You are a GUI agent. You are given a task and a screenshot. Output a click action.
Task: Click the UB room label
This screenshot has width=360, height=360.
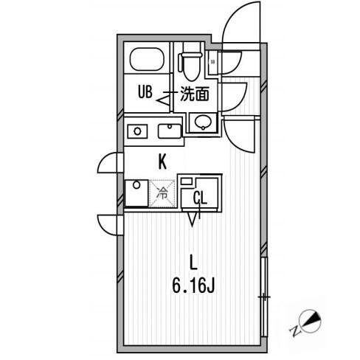click(x=145, y=91)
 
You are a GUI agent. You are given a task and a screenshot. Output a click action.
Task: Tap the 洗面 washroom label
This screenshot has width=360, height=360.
click(x=195, y=94)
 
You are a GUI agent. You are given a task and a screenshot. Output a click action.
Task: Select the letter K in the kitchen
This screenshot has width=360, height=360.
click(x=162, y=162)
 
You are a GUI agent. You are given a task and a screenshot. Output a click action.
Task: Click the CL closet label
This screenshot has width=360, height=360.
click(x=200, y=198)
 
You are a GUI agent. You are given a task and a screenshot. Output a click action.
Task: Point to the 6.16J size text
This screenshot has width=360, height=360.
click(x=193, y=285)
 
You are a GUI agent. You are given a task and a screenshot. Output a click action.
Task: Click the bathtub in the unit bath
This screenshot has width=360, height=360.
click(x=147, y=59)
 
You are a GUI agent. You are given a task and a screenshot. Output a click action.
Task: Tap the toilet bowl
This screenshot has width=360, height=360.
click(x=191, y=66)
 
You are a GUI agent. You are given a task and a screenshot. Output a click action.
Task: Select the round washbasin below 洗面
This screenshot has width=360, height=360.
click(x=203, y=122)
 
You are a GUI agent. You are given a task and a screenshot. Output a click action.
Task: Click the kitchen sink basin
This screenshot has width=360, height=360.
click(x=170, y=131)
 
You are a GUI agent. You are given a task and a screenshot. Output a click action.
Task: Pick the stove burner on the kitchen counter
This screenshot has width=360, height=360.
click(x=137, y=131)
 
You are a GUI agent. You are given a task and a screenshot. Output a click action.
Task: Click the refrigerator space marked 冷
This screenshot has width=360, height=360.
click(x=162, y=193)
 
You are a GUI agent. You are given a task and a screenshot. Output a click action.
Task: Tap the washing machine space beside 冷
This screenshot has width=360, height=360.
click(x=136, y=193)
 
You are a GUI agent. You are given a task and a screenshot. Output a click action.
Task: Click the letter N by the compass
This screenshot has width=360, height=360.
click(x=296, y=330)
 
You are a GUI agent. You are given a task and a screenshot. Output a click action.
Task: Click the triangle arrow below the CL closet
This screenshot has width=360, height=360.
click(x=193, y=219)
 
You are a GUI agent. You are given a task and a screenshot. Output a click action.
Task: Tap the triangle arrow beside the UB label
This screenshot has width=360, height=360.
click(x=163, y=101)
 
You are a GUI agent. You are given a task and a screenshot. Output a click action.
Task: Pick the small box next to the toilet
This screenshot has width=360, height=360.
click(x=212, y=62)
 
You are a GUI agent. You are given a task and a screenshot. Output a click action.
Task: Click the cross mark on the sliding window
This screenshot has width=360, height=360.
click(x=264, y=297)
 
